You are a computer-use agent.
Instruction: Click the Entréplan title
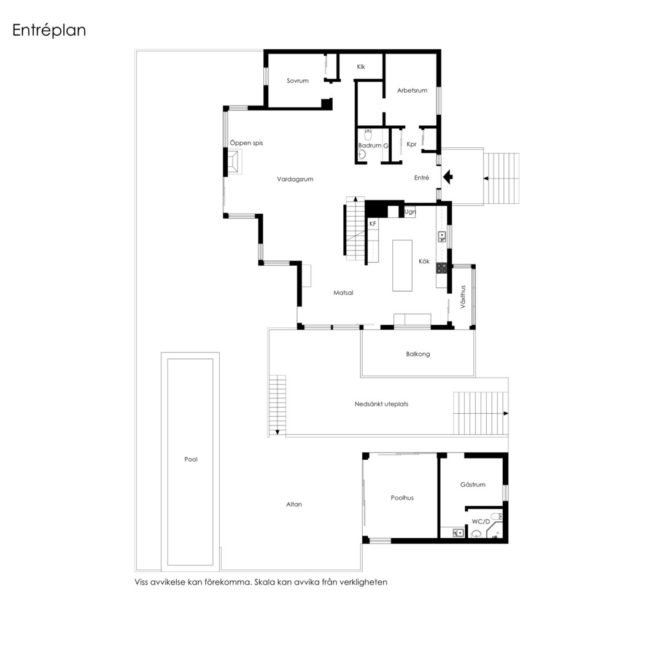coord(49,31)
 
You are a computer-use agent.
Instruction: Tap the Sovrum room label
coord(298,81)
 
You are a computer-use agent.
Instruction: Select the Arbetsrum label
coord(413,90)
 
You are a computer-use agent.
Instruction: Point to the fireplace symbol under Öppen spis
coord(235,161)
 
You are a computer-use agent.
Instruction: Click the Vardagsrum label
coord(295,179)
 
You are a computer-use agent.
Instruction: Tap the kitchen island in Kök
coord(402,266)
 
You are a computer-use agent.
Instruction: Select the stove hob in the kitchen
coord(442,267)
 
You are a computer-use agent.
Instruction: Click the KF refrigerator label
coord(373,223)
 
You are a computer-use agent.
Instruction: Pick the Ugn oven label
coord(410,212)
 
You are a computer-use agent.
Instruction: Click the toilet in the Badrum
coord(368,135)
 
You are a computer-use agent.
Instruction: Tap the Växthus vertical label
coord(463,297)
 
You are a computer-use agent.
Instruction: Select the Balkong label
coord(418,354)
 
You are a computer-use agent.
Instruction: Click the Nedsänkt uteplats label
coord(381,404)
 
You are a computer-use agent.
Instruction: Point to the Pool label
coord(191,459)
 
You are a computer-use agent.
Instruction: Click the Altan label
coord(294,504)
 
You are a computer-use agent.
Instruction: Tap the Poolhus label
coord(402,498)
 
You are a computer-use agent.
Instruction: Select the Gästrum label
coord(473,484)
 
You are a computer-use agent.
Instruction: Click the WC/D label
coord(481,522)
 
